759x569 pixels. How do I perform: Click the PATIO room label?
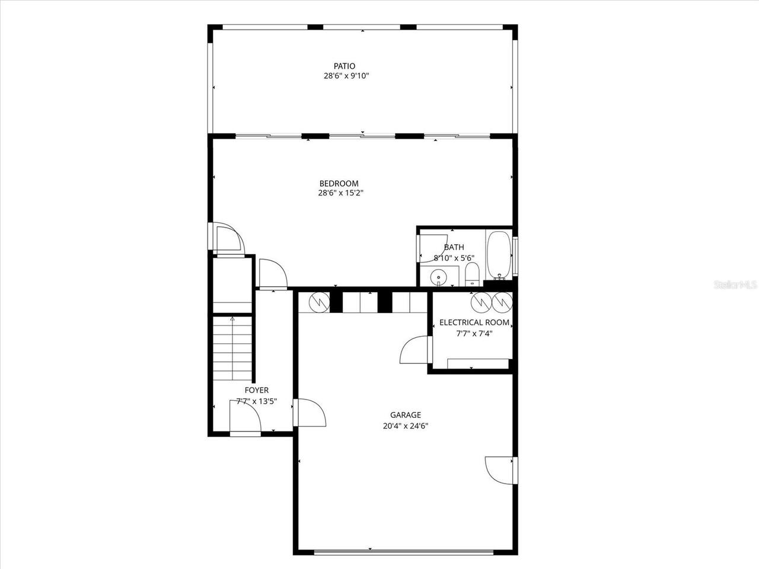coord(344,66)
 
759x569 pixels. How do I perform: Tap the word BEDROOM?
coord(339,183)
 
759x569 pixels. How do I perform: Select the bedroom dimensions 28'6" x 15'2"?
coord(340,193)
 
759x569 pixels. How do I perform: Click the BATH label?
coord(454,247)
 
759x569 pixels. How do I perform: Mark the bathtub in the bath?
coord(499,256)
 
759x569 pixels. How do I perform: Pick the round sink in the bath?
coord(439,276)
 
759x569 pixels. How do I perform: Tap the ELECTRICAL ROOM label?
coord(474,322)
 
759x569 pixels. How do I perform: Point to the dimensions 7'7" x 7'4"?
coord(474,333)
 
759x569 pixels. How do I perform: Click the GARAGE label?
coord(406,415)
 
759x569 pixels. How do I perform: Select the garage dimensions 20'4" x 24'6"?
coord(406,426)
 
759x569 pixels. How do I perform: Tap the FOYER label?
coord(256,390)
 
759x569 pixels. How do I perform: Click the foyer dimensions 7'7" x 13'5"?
coord(256,401)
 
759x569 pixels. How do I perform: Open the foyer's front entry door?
coord(245,418)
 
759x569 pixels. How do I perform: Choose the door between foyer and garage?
coord(310,412)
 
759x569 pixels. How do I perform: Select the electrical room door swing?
coord(414,350)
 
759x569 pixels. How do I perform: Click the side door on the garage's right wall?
coord(500,471)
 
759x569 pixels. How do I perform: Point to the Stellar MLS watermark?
coord(735,285)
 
